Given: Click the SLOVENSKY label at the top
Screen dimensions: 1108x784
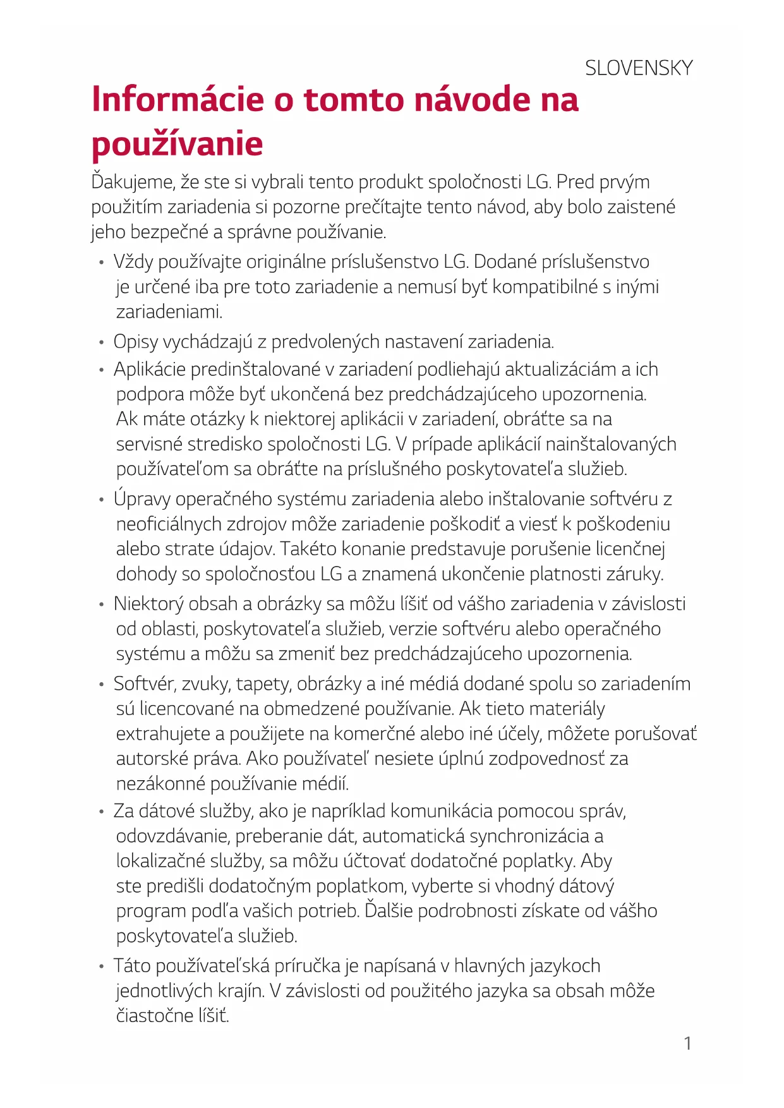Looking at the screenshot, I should click(639, 68).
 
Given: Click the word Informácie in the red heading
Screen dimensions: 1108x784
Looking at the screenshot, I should click(178, 100).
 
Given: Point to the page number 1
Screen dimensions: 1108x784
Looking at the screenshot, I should click(688, 1043).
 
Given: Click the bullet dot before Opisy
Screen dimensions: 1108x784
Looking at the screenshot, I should click(101, 342).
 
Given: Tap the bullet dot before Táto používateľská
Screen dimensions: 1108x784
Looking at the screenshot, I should click(101, 966).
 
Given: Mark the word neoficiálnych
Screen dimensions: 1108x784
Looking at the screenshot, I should click(169, 524).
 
